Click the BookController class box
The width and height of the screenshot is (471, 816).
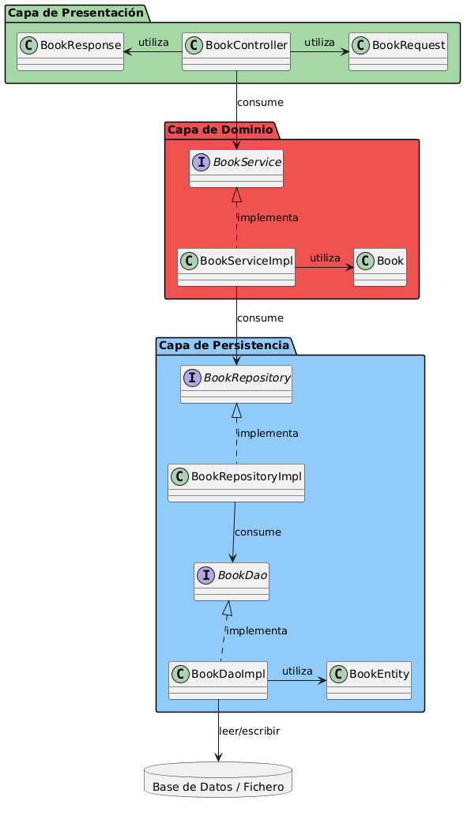[236, 51]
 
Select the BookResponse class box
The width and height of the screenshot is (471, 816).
[70, 51]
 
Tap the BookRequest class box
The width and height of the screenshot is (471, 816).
[398, 51]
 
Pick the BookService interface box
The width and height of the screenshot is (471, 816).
[236, 168]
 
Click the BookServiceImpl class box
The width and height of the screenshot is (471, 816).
[236, 268]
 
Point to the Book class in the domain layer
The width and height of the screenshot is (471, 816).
[380, 268]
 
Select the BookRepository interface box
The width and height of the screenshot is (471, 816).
[236, 385]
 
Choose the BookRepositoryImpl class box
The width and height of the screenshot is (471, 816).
[236, 483]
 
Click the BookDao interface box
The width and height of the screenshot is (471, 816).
[232, 582]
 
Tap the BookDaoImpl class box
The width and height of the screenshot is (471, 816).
[218, 680]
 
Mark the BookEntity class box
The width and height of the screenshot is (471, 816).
[369, 680]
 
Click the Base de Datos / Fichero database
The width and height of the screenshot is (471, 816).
[218, 780]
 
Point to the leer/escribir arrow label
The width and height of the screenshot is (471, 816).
[249, 731]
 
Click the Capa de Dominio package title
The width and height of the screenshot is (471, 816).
[220, 130]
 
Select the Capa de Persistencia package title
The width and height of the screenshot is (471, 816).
[224, 345]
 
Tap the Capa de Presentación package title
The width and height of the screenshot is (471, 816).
[76, 13]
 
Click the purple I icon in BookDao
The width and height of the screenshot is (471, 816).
[206, 575]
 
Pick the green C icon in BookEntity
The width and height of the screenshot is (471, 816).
[338, 674]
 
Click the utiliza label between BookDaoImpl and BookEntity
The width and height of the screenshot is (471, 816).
[297, 671]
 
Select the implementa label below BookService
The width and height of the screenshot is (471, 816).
[268, 217]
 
